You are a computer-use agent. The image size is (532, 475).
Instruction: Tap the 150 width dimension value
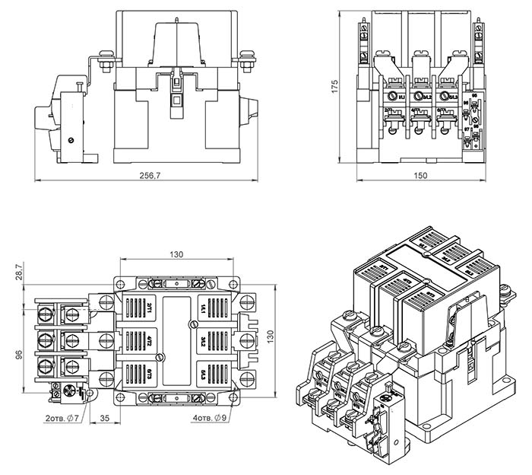coord(420,176)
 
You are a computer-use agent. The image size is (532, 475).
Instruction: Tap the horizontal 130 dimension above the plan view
coord(176,254)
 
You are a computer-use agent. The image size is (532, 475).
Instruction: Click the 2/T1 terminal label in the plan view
coord(150,308)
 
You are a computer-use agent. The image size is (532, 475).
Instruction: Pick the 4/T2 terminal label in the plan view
coord(150,340)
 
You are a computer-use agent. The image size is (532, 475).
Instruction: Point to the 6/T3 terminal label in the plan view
coord(150,373)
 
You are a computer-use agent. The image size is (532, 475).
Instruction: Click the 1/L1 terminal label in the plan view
coord(203,308)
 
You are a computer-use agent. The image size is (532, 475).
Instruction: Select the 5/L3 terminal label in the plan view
coord(203,373)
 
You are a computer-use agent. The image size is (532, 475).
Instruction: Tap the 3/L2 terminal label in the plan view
coord(203,340)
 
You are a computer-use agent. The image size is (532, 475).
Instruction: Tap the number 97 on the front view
coord(466,130)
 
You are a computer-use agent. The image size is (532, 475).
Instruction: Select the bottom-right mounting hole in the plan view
coord(234,397)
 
